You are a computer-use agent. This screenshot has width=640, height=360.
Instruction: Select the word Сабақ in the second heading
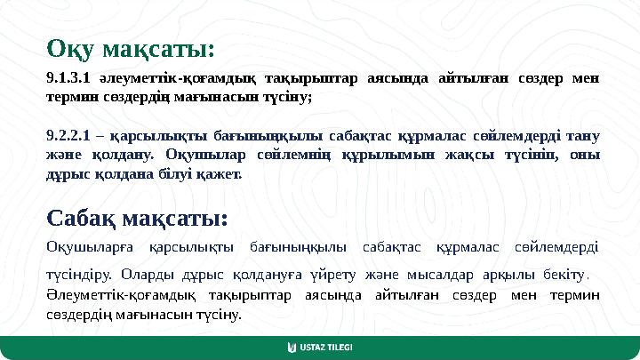point(85,217)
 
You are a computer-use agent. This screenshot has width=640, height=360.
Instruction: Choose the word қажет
point(222,173)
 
